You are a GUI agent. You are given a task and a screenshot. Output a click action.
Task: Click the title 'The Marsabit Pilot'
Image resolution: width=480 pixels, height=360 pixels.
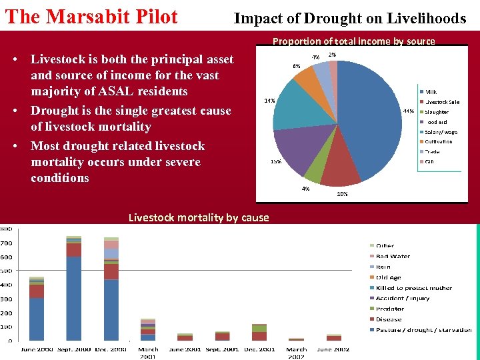pos(91,17)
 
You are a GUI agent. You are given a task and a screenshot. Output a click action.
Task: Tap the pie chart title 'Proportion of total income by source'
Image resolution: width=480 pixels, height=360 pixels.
pos(353,41)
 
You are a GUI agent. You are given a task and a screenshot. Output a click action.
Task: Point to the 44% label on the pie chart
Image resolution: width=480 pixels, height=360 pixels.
pos(408,111)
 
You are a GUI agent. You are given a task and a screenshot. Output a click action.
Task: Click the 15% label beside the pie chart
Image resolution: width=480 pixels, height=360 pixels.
pos(275,161)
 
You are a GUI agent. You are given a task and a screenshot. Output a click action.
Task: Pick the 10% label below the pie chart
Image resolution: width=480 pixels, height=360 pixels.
pos(342,194)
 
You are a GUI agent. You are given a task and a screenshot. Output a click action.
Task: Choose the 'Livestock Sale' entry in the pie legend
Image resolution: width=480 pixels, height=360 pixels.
pos(442,102)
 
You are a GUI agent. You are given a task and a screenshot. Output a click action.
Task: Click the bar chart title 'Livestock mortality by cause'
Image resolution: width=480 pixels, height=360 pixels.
pos(199,217)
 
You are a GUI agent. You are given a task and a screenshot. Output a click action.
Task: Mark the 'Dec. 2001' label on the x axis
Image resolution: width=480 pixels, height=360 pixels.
pos(259,349)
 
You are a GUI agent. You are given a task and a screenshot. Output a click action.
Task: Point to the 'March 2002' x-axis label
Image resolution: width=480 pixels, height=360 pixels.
pos(297,353)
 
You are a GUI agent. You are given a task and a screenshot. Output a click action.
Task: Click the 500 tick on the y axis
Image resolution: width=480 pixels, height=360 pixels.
pos(6,271)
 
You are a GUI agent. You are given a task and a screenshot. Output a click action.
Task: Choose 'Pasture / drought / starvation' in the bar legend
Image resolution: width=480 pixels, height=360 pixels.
pos(423,329)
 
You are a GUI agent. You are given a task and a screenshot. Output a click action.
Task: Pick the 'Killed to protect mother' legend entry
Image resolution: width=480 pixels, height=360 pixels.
pos(413,288)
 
